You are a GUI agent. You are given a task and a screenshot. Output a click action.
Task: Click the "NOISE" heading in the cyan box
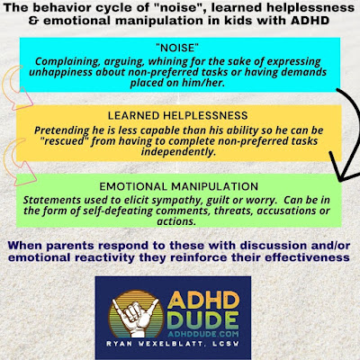178,48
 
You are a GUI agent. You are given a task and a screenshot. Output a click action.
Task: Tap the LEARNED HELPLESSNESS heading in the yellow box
178,115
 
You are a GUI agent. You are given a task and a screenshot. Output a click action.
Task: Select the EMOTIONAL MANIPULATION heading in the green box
179,186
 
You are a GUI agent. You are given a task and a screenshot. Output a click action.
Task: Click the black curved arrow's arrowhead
344,168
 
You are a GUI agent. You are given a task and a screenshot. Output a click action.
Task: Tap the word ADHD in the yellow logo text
203,300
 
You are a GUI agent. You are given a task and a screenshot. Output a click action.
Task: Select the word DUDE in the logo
203,320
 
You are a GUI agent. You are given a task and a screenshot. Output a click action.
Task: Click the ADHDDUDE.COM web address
203,334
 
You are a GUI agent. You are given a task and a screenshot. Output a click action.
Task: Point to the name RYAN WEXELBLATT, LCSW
173,344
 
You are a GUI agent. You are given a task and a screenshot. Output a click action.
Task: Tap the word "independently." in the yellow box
178,151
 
